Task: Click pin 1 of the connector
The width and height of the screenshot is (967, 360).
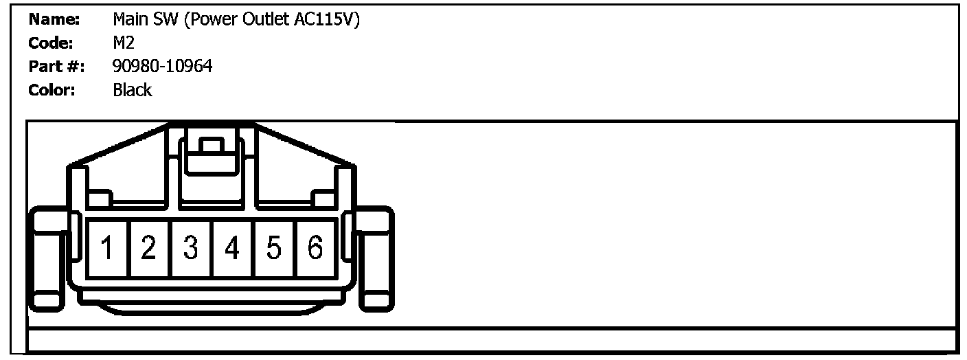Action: click(107, 248)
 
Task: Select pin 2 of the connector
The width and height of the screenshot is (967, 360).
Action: click(149, 248)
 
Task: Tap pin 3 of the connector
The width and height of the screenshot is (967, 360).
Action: click(191, 248)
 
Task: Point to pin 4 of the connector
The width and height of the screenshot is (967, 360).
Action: click(232, 248)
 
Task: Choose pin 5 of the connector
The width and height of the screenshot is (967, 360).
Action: click(274, 248)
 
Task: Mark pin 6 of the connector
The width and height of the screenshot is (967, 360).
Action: click(315, 248)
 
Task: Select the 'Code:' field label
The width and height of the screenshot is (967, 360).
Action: click(52, 43)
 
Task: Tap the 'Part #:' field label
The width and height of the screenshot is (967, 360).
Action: click(56, 67)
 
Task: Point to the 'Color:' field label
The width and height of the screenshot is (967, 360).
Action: click(52, 90)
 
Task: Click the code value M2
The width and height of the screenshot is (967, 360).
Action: click(124, 43)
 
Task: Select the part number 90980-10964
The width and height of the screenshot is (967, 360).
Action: click(163, 67)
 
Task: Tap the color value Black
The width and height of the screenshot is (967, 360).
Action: click(133, 90)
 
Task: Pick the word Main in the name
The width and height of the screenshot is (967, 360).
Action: click(129, 20)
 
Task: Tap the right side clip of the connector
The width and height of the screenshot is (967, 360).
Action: click(375, 258)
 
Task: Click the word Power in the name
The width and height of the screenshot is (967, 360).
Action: click(217, 20)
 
